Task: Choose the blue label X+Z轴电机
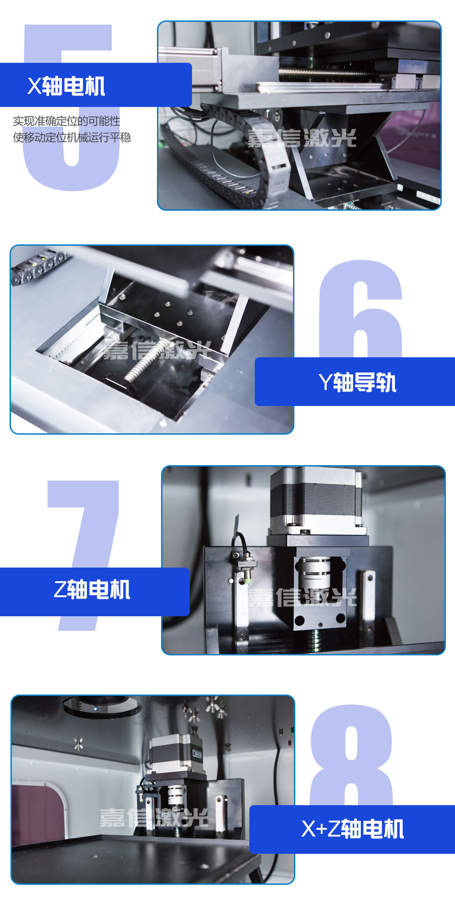[353, 829]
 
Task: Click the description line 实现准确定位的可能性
[66, 121]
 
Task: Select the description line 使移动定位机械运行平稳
[72, 137]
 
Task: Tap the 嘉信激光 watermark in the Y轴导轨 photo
[157, 350]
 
